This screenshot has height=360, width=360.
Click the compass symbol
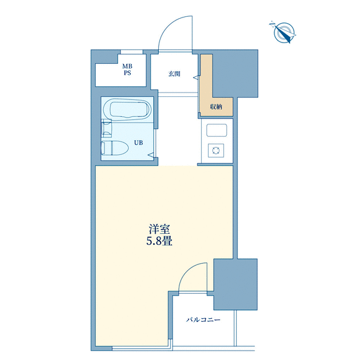coord(283,32)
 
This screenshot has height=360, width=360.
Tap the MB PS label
coord(127,69)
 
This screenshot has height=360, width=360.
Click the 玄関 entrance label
coord(174,74)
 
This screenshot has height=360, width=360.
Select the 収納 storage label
coord(216,107)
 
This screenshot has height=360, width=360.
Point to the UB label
coord(139,142)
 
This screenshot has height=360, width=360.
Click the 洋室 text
coord(159,229)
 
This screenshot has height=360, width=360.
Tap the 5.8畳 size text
coord(159,241)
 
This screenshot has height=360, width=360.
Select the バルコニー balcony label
coord(203,320)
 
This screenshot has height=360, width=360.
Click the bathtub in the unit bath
coord(127,109)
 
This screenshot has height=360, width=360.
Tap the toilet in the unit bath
coord(115,147)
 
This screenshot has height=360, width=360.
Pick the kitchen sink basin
coord(216,131)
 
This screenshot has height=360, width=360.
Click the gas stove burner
coord(216,151)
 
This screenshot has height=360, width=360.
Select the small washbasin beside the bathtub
coord(106,128)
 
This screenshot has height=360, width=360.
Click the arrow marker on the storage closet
coord(196,77)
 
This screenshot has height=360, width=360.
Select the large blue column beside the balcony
coord(236,284)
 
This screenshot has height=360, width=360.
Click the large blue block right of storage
coord(236,74)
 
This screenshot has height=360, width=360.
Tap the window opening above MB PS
coord(131,52)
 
